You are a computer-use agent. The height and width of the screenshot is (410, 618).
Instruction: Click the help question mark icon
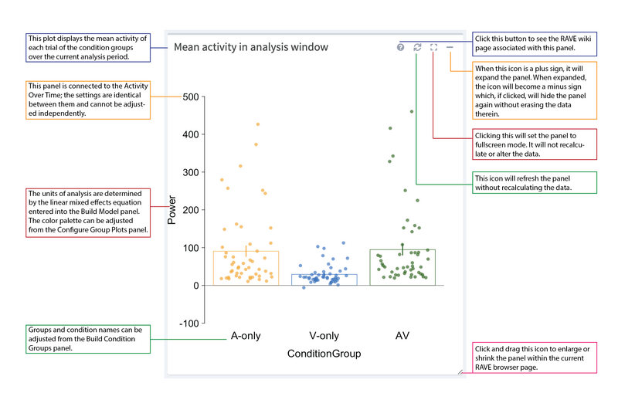tap(400, 47)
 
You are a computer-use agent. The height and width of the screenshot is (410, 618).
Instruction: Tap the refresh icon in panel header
tap(417, 47)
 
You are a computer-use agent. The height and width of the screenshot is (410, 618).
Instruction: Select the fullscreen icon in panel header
tap(433, 47)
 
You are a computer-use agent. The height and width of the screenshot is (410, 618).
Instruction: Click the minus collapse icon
tap(450, 47)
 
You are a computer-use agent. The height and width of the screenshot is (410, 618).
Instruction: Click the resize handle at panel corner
tap(460, 372)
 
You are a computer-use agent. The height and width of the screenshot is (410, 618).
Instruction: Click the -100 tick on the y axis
tap(188, 324)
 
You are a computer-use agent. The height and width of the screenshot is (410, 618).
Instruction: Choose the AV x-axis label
tap(402, 337)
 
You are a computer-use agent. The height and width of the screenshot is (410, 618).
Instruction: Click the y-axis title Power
tap(172, 209)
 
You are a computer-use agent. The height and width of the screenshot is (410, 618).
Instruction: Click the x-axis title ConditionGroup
tap(324, 354)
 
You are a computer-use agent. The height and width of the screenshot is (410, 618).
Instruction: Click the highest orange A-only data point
tap(258, 124)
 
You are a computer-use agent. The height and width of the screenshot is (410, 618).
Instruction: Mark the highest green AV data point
tap(412, 111)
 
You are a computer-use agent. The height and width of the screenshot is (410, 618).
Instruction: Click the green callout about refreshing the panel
tap(534, 183)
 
